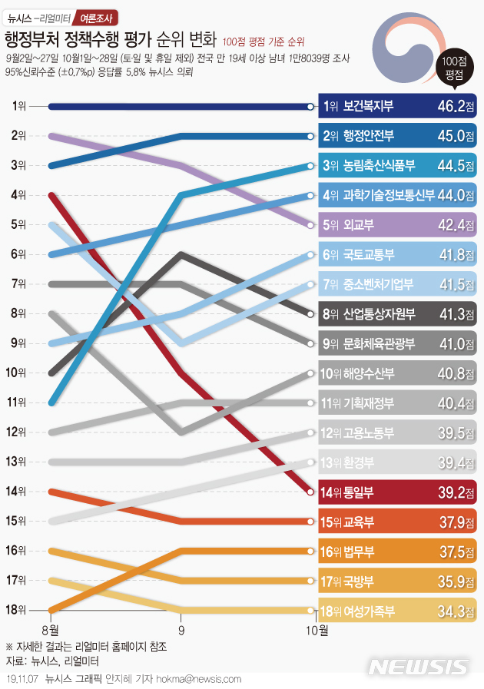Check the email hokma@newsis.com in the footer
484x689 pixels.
pyautogui.click(x=201, y=679)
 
